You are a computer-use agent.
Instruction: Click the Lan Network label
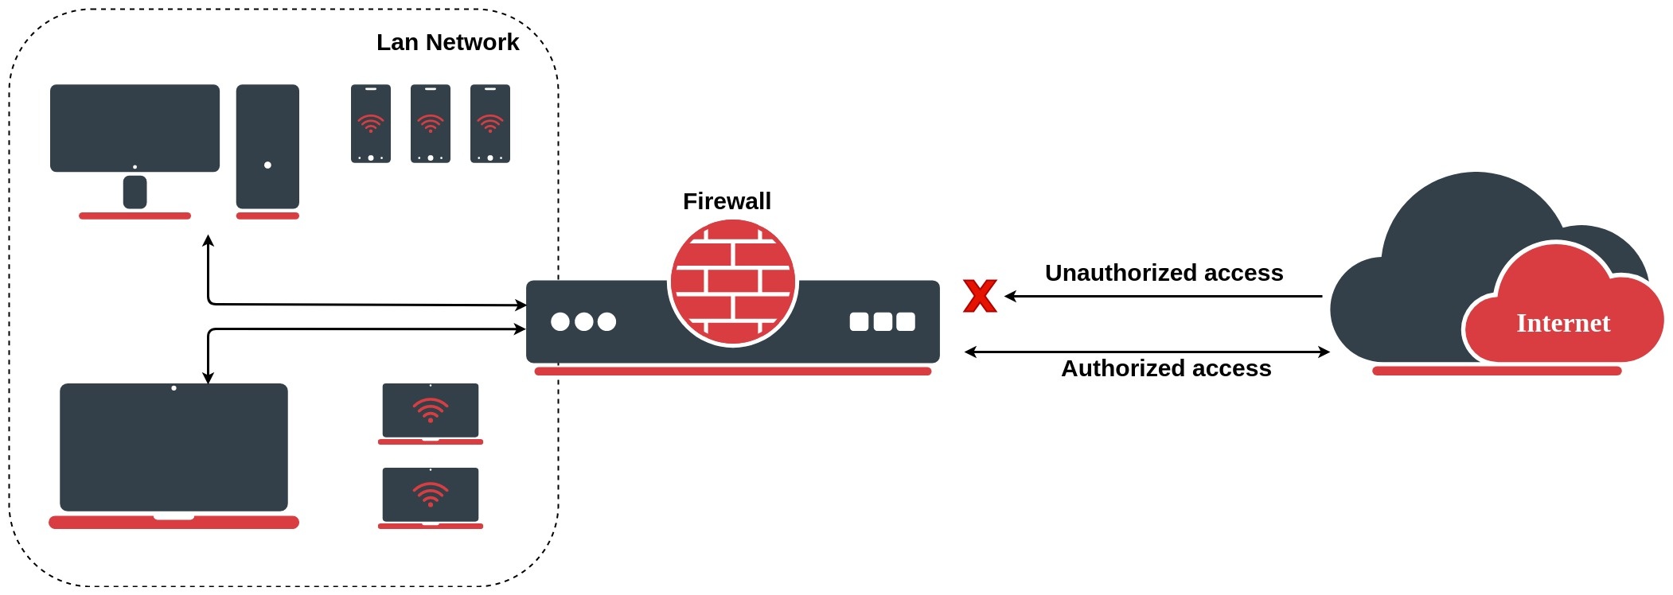tap(447, 42)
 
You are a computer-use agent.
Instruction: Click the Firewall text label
tap(727, 201)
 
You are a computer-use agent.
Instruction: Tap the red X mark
tap(980, 296)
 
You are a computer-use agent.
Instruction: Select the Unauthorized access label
tap(1164, 273)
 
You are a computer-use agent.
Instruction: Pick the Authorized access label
tap(1166, 368)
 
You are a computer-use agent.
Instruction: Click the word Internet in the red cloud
tap(1562, 324)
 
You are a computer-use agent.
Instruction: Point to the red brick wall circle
tap(732, 282)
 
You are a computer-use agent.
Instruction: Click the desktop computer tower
tap(267, 146)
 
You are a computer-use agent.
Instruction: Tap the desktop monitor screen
tap(135, 127)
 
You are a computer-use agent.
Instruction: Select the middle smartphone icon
tap(431, 124)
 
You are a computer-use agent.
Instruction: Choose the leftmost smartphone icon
tap(371, 124)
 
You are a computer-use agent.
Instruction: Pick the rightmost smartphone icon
tap(490, 124)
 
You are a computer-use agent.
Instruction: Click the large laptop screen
tap(174, 447)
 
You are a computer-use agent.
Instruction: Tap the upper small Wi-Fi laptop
tap(431, 411)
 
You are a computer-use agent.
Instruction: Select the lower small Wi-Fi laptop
tap(431, 496)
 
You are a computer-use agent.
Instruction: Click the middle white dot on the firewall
tap(583, 321)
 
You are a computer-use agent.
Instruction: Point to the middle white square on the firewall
tap(883, 321)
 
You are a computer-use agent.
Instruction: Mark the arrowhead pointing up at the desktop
tap(208, 240)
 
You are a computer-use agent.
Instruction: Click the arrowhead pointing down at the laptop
tap(208, 378)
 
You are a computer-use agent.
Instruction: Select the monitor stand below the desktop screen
tap(135, 192)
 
